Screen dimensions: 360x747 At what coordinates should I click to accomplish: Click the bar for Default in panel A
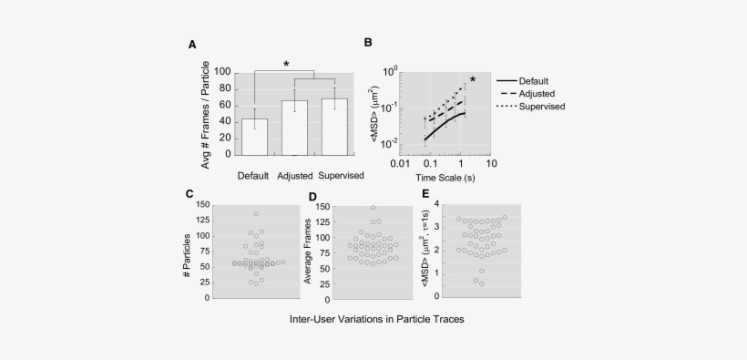254,137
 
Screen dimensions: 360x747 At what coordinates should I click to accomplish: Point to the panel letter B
368,43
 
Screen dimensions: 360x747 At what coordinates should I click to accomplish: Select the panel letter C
189,193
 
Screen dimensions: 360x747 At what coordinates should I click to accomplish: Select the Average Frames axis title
308,252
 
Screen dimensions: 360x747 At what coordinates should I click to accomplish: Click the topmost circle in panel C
256,214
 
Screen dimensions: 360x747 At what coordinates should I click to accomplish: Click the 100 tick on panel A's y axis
222,72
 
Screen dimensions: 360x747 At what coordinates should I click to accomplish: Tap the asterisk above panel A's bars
286,64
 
